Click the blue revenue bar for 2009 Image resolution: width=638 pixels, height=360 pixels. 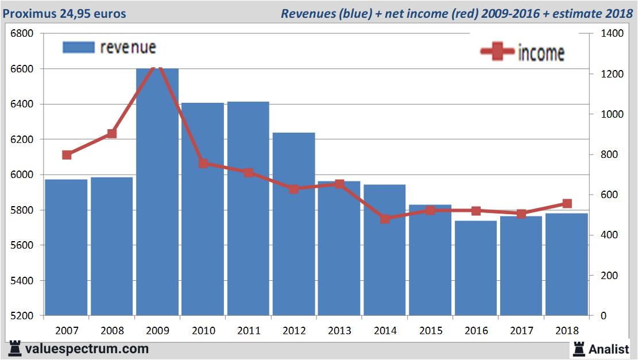(x=157, y=192)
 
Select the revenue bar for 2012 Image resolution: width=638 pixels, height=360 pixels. (x=293, y=224)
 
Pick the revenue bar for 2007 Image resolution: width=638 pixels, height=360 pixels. (x=67, y=247)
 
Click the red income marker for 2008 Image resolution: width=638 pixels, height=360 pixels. (x=112, y=134)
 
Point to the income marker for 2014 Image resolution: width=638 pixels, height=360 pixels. (x=385, y=219)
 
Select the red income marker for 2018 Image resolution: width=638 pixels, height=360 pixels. (x=567, y=204)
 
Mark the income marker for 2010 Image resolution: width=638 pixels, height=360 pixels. (x=203, y=163)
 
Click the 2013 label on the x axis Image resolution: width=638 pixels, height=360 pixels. (x=339, y=331)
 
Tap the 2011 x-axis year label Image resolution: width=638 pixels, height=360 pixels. (x=248, y=331)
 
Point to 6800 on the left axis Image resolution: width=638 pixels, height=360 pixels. (x=22, y=34)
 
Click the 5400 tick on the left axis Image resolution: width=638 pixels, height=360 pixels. (x=22, y=281)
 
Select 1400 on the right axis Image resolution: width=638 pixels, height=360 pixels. (x=613, y=34)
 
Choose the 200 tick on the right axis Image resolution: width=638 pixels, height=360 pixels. (x=610, y=276)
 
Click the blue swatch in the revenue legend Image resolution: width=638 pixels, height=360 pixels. (x=78, y=47)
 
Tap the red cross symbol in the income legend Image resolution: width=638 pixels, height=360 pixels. (x=497, y=52)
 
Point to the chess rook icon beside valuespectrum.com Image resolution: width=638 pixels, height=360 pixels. (x=15, y=349)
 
